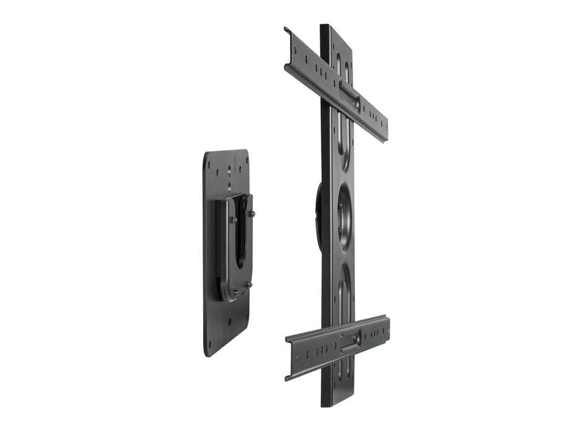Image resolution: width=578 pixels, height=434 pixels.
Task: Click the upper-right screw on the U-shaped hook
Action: pos(252,214)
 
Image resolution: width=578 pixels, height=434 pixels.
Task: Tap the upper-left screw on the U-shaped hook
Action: pos(234,219)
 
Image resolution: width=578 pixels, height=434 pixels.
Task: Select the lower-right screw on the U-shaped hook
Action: pos(248,285)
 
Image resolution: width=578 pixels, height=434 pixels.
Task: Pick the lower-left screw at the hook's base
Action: pos(236,292)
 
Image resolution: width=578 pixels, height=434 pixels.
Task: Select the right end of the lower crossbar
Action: pos(387,327)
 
